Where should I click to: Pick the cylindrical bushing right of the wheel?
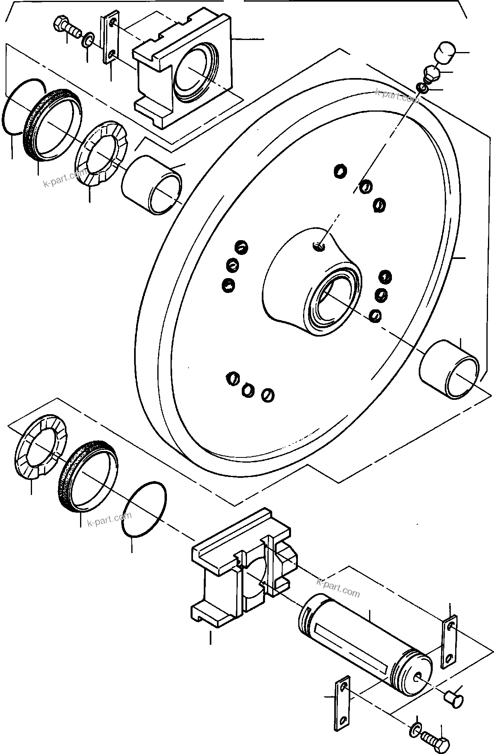pyautogui.click(x=448, y=369)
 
